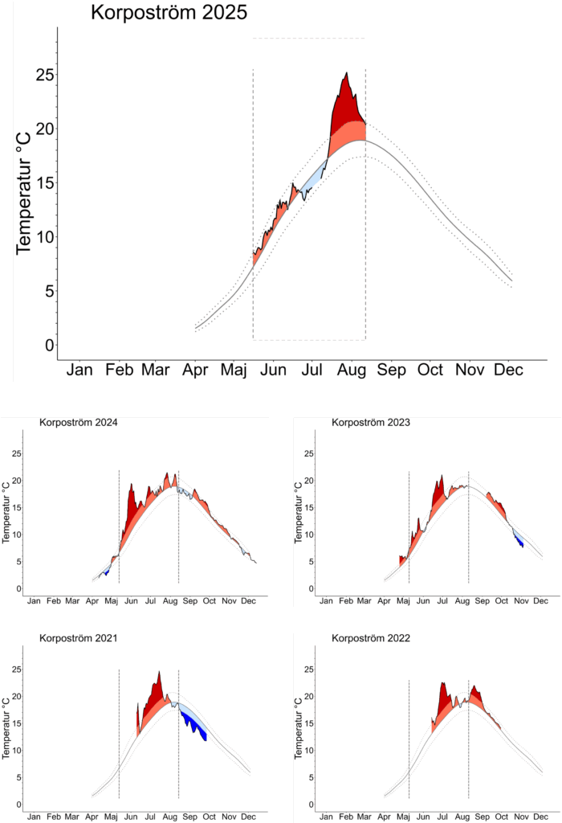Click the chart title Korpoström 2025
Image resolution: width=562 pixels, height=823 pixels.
pyautogui.click(x=169, y=13)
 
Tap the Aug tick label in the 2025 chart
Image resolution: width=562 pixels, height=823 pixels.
pyautogui.click(x=351, y=370)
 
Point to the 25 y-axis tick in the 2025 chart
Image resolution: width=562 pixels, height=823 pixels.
pyautogui.click(x=45, y=75)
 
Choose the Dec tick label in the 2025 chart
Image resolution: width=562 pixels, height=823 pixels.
pyautogui.click(x=508, y=370)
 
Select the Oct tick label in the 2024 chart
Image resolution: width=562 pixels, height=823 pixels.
pyautogui.click(x=209, y=600)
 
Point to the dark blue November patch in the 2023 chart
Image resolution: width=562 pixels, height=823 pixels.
pyautogui.click(x=520, y=541)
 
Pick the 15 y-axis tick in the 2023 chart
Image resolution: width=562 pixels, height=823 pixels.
pyautogui.click(x=309, y=507)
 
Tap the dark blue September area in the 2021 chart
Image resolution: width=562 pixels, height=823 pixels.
pyautogui.click(x=195, y=724)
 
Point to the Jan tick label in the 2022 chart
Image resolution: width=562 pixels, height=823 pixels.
pyautogui.click(x=326, y=817)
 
